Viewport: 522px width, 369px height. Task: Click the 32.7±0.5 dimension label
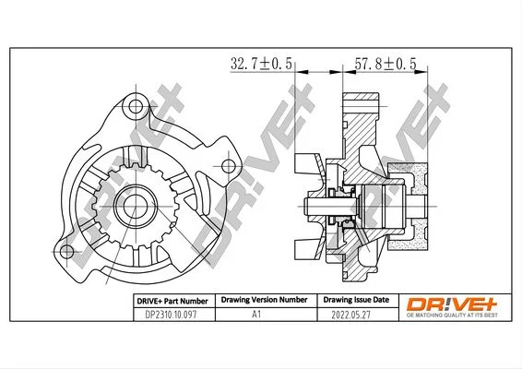pos(261,64)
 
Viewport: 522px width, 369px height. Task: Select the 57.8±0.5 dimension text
pos(386,64)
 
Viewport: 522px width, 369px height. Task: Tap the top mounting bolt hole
pos(136,107)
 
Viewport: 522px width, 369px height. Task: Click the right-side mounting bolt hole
pos(229,166)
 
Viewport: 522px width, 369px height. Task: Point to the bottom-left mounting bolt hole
pos(66,252)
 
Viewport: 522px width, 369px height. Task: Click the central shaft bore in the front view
pos(136,206)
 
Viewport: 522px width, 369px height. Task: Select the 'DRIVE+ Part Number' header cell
pos(172,301)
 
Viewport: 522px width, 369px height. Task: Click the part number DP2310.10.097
pos(171,315)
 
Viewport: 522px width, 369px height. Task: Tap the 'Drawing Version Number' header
pos(265,300)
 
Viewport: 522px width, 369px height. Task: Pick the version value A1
pos(256,315)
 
